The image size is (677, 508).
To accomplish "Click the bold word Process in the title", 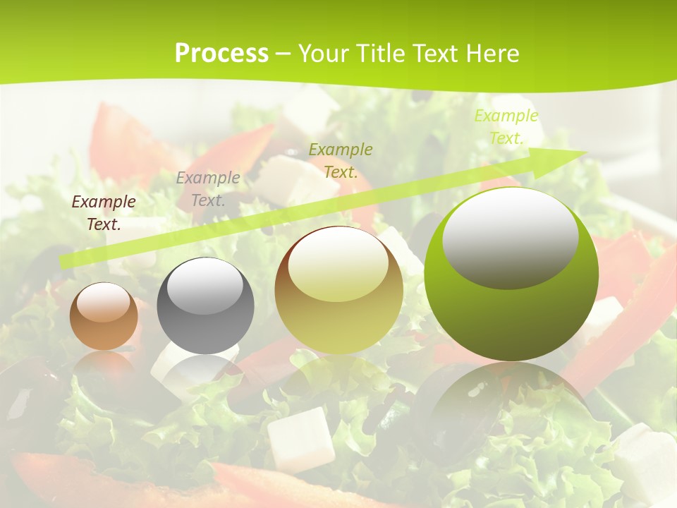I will point(221,54).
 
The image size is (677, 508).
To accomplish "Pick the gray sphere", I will point(205,306).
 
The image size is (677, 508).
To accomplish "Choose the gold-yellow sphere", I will point(338,290).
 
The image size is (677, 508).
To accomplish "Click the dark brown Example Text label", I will point(104,213).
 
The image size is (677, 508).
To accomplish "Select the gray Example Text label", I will point(208,189).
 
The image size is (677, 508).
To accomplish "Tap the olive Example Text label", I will point(341,160).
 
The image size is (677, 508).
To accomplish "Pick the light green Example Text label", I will point(506,127).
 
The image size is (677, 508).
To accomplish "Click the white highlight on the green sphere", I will point(511,238).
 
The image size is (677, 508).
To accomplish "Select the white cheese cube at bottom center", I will point(300,438).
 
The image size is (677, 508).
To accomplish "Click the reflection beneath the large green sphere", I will point(511,402).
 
